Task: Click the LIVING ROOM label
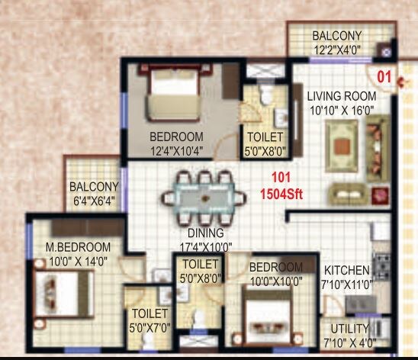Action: (x=342, y=96)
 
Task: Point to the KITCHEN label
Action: (x=346, y=270)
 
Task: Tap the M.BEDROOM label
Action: (x=78, y=247)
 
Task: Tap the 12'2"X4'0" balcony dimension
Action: (x=336, y=49)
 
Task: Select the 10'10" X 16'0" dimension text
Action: (x=342, y=110)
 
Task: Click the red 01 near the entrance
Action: (x=385, y=76)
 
